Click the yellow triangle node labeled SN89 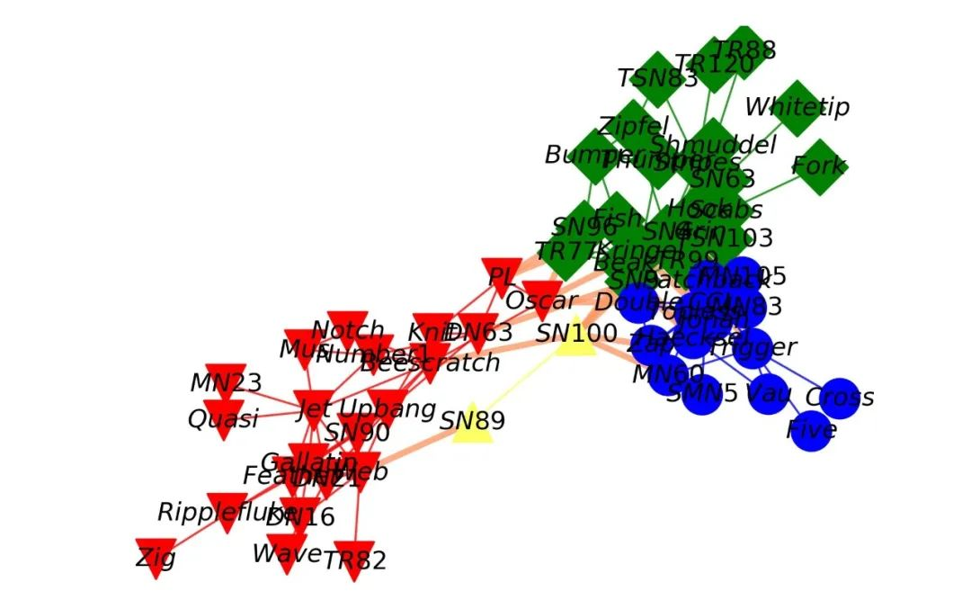point(472,425)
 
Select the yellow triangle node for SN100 point(576,339)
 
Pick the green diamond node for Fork point(819,166)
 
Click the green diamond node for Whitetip point(797,108)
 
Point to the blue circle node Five point(811,429)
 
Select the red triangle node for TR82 point(353,560)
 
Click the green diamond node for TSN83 point(658,79)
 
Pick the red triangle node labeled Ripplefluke point(227,510)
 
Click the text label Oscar point(539,299)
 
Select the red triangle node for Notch point(348,328)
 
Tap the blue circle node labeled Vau point(768,393)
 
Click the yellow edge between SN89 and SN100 point(523,382)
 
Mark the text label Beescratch point(430,363)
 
